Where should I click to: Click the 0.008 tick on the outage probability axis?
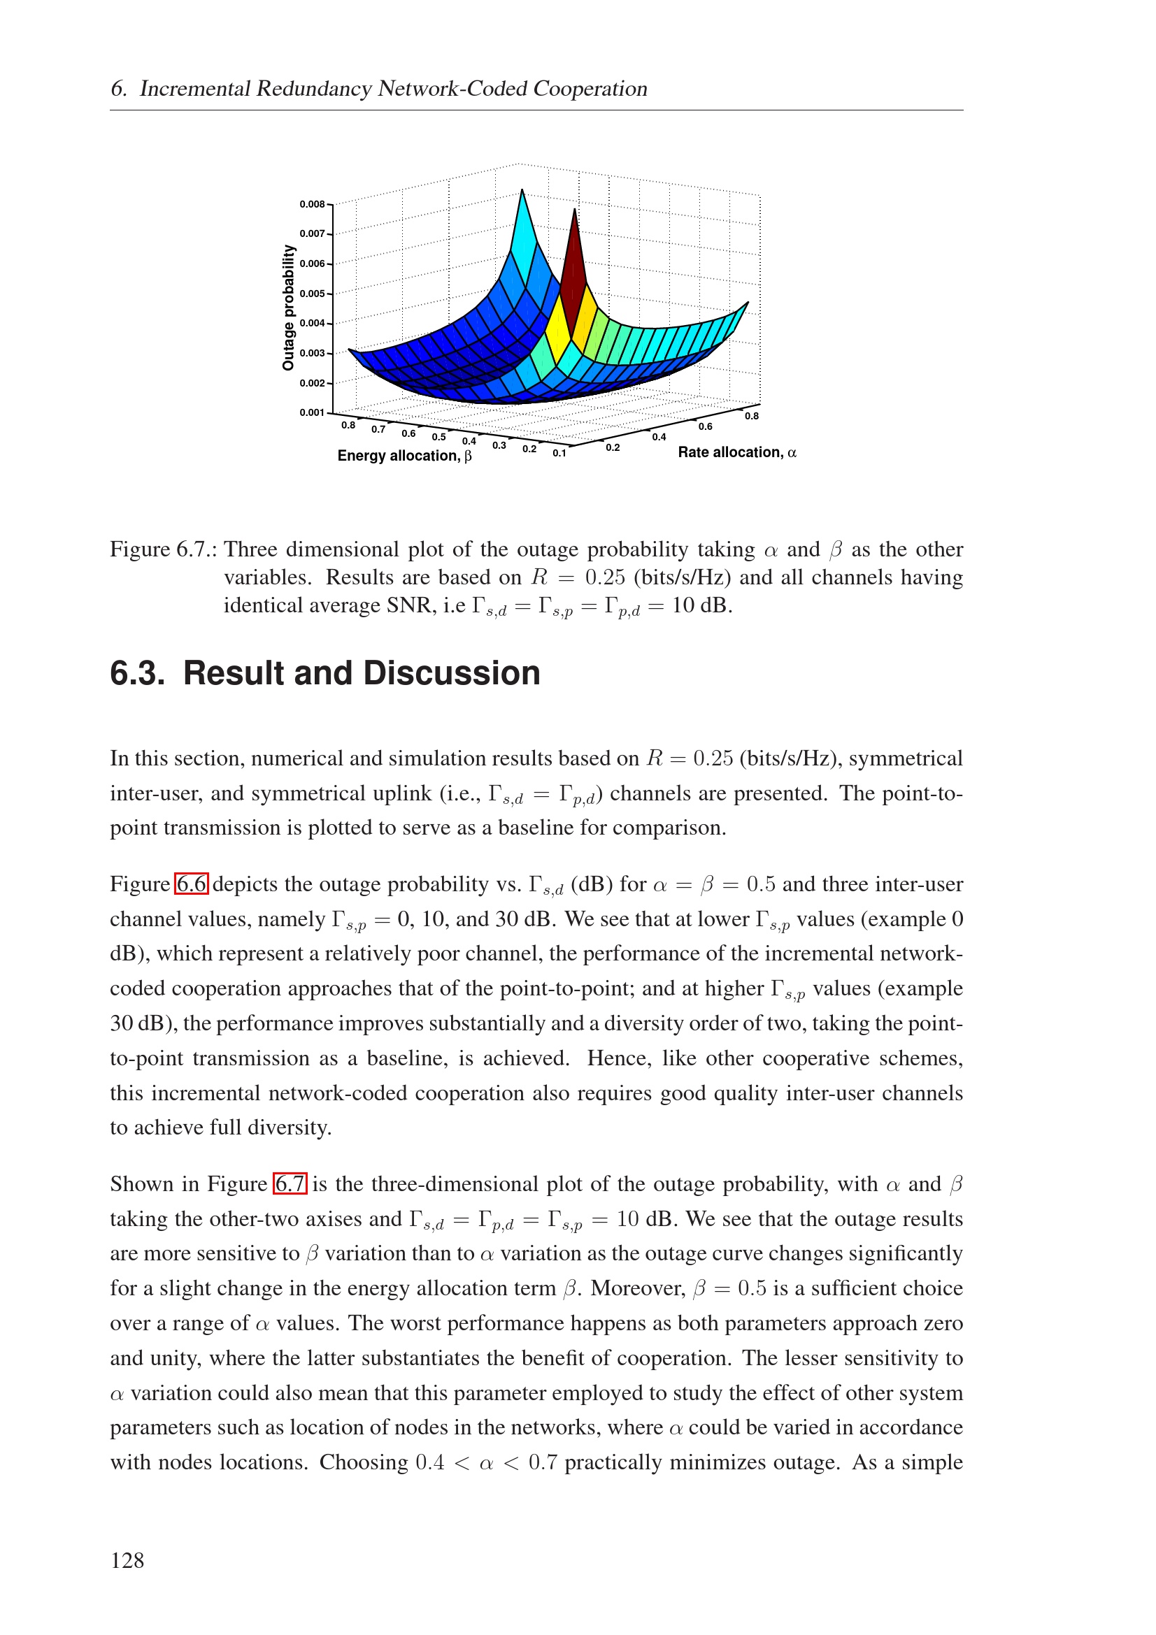pyautogui.click(x=312, y=204)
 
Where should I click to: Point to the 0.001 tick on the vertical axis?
pyautogui.click(x=312, y=412)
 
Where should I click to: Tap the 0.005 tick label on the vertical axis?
pyautogui.click(x=312, y=294)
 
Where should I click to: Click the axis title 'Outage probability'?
pyautogui.click(x=288, y=308)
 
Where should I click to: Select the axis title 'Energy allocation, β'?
pyautogui.click(x=404, y=456)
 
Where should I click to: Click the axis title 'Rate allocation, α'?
pyautogui.click(x=736, y=452)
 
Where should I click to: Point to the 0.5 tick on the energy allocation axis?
pyautogui.click(x=438, y=437)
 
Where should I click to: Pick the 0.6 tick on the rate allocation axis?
pyautogui.click(x=705, y=426)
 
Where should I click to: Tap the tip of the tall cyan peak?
pyautogui.click(x=522, y=192)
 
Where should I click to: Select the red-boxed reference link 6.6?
pyautogui.click(x=192, y=884)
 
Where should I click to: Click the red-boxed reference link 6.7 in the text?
pyautogui.click(x=290, y=1183)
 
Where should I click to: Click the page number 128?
pyautogui.click(x=127, y=1560)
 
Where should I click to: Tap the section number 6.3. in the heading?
pyautogui.click(x=138, y=673)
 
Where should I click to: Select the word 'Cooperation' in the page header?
pyautogui.click(x=590, y=88)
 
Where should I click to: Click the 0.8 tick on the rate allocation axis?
pyautogui.click(x=752, y=416)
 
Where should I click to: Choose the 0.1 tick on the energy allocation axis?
pyautogui.click(x=560, y=453)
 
